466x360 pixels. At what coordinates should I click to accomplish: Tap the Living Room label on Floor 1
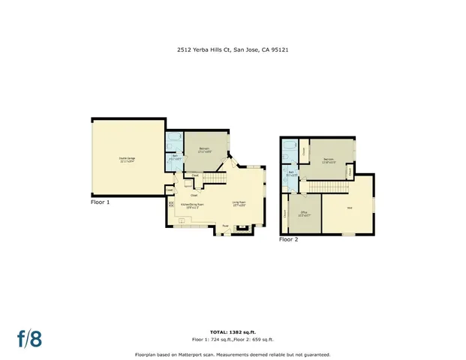coord(239,203)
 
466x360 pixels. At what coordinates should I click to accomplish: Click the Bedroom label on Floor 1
coord(203,150)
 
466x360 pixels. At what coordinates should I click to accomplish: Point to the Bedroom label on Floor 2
coord(328,160)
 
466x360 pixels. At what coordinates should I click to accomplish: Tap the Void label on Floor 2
coord(349,208)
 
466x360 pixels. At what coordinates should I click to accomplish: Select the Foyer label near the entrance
coord(225,225)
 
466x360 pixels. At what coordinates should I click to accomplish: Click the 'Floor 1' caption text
coord(100,202)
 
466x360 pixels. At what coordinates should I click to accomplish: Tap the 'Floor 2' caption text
coord(289,240)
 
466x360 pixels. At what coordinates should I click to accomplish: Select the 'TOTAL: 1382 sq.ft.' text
coord(233,330)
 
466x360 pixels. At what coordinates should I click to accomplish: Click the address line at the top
coord(233,51)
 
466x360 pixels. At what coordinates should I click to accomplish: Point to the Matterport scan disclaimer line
coord(233,354)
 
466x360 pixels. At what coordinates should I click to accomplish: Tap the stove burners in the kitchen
coord(172,203)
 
